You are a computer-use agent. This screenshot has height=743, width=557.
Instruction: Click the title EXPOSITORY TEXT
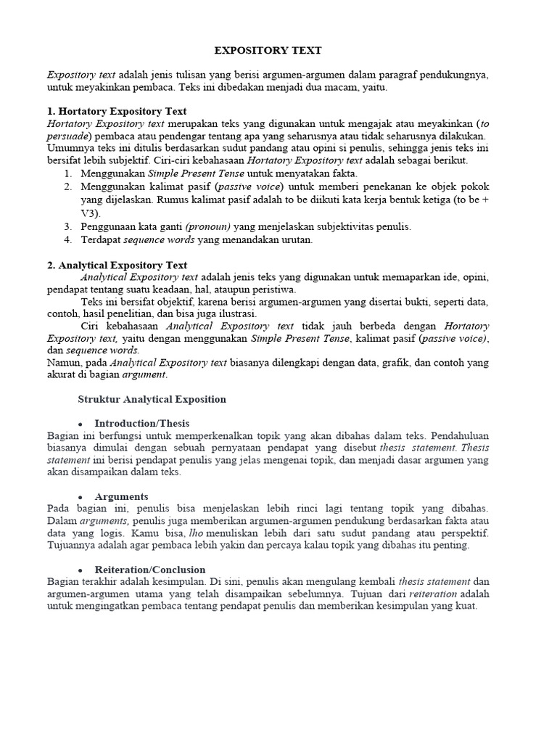pos(268,51)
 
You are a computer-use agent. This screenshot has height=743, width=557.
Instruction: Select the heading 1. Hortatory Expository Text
pos(117,111)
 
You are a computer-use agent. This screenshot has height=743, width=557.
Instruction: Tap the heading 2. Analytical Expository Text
pos(117,265)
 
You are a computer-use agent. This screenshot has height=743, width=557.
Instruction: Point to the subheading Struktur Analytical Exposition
pos(152,399)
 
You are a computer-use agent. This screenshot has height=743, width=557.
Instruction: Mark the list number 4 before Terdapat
pos(67,239)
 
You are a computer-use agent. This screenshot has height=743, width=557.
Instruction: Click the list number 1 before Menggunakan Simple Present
pos(67,174)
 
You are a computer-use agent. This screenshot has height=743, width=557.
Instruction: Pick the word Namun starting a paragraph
pos(63,362)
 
